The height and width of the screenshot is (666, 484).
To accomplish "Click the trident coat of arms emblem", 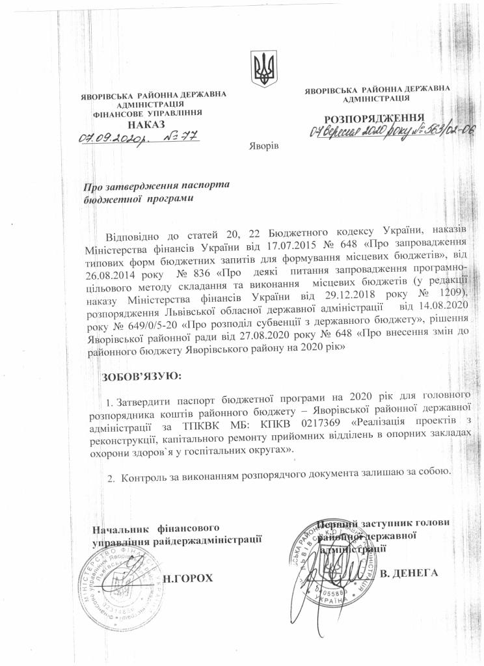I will (x=263, y=68).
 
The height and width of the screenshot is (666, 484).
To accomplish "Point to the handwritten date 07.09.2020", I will (x=107, y=138).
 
